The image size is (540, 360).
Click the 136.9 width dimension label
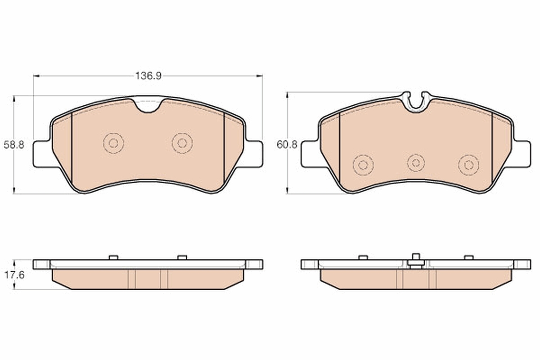148,76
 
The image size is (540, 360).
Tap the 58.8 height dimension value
14,145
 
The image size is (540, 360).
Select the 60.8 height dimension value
287,145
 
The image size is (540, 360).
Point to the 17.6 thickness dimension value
14,275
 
